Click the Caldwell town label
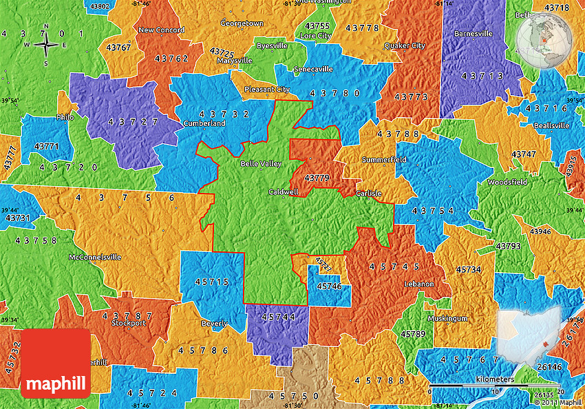(x=284, y=192)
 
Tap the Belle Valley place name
(x=261, y=165)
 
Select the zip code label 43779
(x=317, y=178)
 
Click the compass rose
(x=46, y=45)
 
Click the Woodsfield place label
(x=507, y=182)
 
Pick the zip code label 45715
(x=211, y=282)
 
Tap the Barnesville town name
(x=473, y=33)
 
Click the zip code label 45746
(x=330, y=286)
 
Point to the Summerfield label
(x=384, y=160)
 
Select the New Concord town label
(x=160, y=30)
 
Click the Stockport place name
(x=129, y=322)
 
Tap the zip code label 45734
(x=468, y=269)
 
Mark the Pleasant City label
(x=268, y=90)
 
